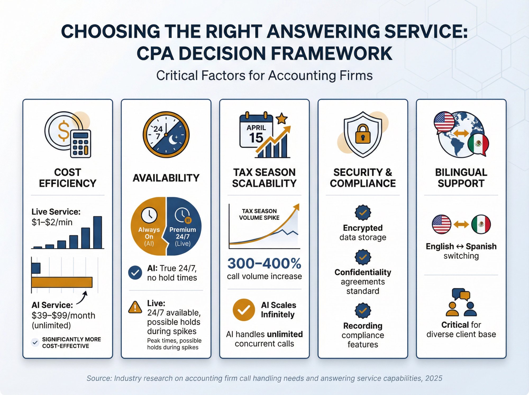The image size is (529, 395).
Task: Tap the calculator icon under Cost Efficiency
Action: click(81, 144)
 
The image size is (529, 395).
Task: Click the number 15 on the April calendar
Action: click(256, 138)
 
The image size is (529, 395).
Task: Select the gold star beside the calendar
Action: click(281, 119)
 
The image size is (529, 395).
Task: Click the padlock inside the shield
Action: click(363, 134)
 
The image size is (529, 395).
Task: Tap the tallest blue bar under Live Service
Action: click(98, 232)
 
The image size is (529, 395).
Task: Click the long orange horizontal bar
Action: click(62, 282)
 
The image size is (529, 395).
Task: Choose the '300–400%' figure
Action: click(264, 264)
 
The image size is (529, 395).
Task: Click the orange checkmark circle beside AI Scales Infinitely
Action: click(244, 310)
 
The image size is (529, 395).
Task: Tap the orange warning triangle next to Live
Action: click(135, 307)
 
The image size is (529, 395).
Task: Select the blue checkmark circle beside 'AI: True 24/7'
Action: click(135, 273)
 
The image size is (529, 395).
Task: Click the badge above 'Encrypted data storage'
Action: click(363, 212)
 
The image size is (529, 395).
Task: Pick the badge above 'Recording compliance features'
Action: click(363, 310)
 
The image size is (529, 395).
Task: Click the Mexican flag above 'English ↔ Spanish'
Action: click(481, 224)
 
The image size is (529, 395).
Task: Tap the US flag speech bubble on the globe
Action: click(444, 122)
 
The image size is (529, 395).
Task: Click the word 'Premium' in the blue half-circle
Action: click(183, 230)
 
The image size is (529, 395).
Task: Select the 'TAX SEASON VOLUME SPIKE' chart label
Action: click(259, 214)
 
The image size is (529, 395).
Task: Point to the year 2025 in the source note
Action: click(434, 378)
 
